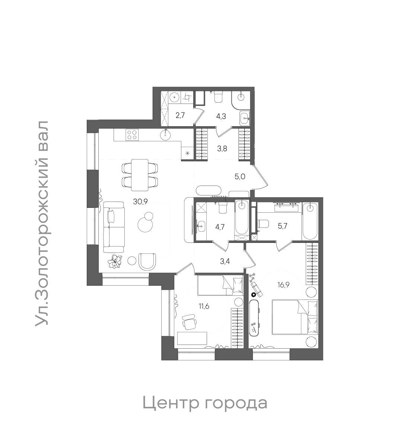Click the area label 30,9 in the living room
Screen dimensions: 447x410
point(140,202)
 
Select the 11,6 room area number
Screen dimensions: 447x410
point(204,307)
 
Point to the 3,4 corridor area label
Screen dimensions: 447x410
point(225,261)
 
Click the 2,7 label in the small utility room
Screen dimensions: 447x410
point(180,115)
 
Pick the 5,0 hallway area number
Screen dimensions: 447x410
point(239,177)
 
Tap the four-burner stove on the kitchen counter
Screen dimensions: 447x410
point(132,134)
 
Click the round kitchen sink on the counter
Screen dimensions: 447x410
point(165,134)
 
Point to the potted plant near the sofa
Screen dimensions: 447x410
point(115,261)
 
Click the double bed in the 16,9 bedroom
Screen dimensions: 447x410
point(295,317)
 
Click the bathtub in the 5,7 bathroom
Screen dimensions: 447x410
point(310,222)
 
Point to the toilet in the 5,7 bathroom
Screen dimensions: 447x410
point(263,224)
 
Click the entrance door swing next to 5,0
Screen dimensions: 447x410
point(262,178)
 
